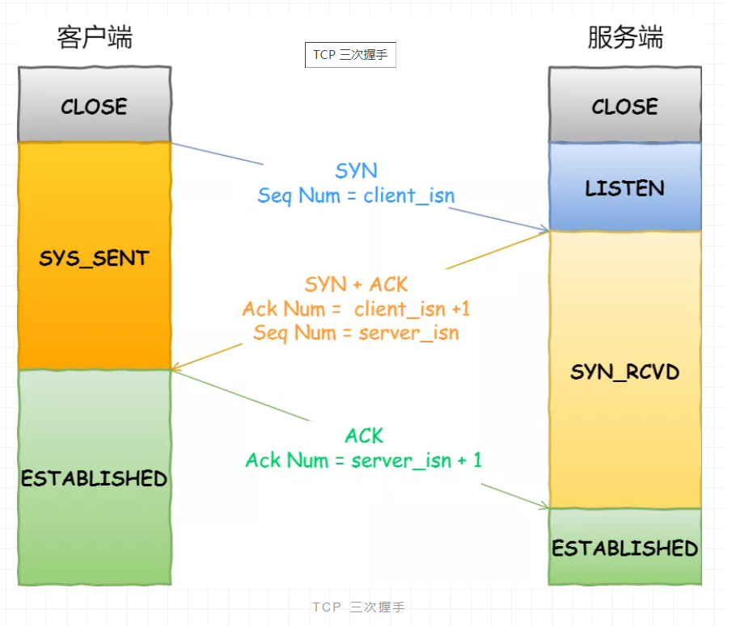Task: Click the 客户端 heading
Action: pos(95,37)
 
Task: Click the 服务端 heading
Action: pos(625,37)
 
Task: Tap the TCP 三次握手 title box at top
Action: pos(350,55)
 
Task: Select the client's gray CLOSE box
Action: pos(95,106)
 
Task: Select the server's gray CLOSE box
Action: pos(625,106)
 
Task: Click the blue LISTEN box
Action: pos(625,188)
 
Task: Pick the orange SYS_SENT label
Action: pos(95,258)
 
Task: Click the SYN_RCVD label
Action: pos(625,372)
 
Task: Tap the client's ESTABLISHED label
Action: pos(95,478)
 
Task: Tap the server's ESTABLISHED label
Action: pos(625,548)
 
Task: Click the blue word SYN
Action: pos(356,171)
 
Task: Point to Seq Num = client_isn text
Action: pos(356,195)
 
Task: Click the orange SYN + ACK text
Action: pos(356,284)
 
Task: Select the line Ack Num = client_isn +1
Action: pos(356,309)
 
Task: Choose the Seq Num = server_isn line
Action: pos(356,332)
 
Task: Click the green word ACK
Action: pos(364,436)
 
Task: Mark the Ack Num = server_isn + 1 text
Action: pos(364,460)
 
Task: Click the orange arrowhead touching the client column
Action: pos(176,368)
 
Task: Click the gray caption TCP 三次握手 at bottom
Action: pos(358,607)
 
